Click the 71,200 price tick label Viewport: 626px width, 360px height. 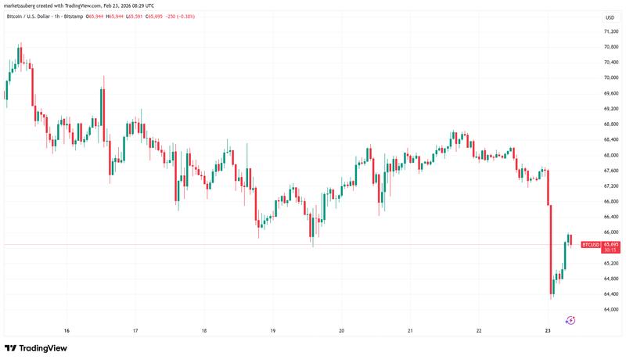610,31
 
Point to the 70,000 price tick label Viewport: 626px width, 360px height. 610,77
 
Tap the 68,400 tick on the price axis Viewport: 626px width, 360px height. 610,139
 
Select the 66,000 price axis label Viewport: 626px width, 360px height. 610,232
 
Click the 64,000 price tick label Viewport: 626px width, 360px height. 610,309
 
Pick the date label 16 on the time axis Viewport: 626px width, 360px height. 67,331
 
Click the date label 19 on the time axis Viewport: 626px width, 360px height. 273,331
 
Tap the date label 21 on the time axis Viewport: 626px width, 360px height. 410,331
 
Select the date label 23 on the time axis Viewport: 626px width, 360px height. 548,331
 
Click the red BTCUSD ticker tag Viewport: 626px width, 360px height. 590,245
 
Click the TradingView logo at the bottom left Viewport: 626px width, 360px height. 36,348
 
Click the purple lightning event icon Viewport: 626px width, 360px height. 570,319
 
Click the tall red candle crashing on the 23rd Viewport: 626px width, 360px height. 551,251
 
